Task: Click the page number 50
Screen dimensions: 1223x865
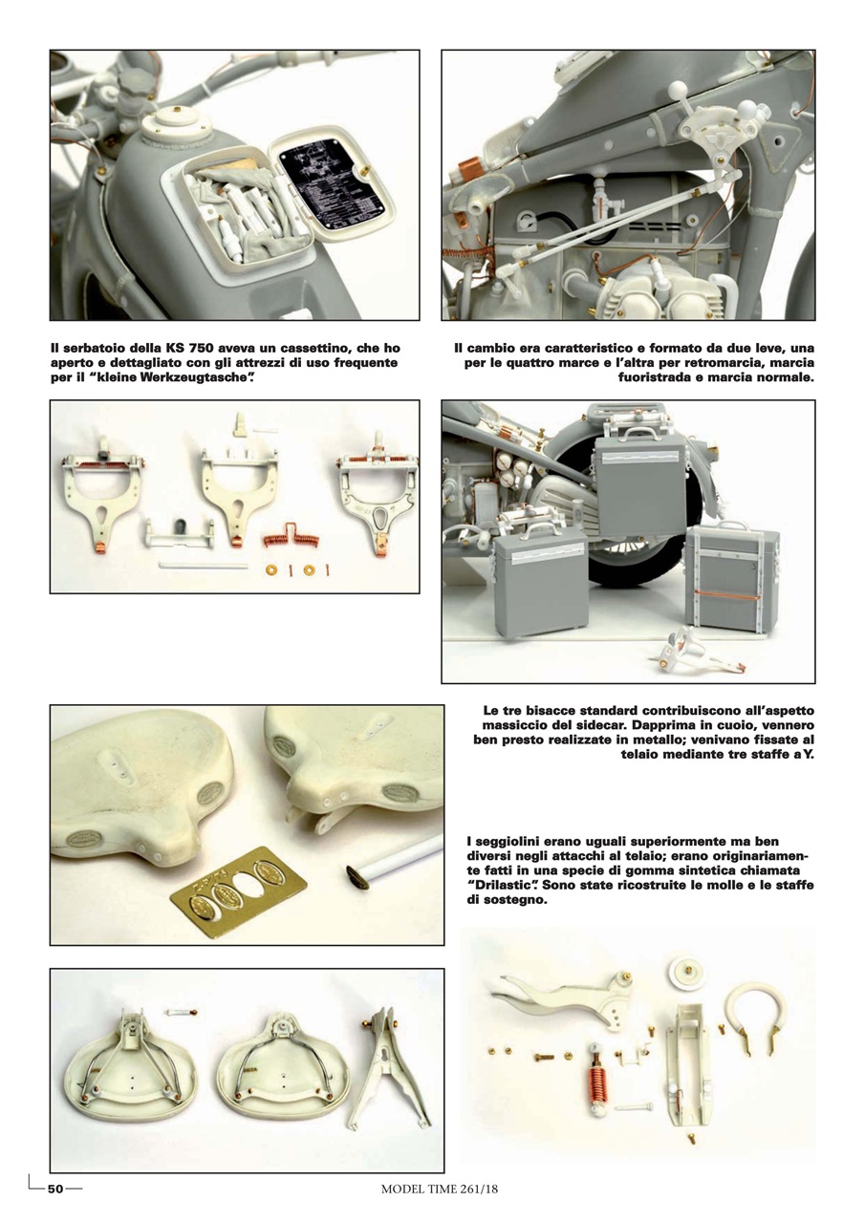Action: click(55, 1189)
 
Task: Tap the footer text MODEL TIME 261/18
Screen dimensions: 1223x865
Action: click(440, 1190)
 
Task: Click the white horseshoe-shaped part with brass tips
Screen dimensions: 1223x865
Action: click(754, 1015)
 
